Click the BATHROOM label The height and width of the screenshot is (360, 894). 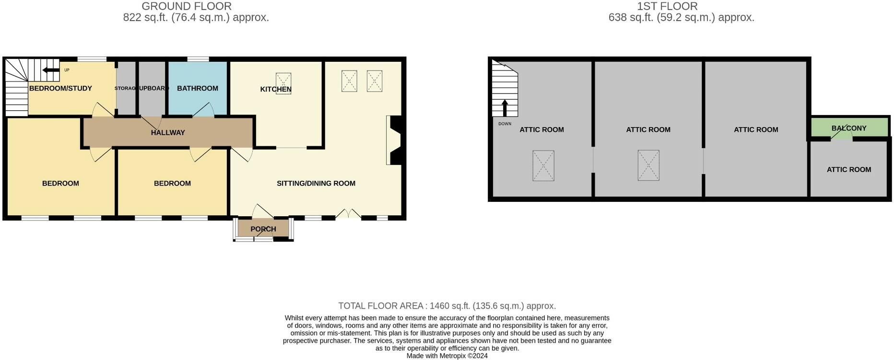point(197,88)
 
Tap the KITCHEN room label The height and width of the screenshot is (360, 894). point(275,89)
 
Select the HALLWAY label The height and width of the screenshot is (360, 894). point(168,133)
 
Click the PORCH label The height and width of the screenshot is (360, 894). point(263,229)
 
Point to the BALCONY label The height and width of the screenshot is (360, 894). point(849,128)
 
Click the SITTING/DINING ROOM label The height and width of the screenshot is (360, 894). point(316,183)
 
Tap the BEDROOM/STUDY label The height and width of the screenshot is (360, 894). point(60,88)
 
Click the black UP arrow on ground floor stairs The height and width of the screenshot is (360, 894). point(50,70)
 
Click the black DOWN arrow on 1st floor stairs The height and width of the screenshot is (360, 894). point(505,108)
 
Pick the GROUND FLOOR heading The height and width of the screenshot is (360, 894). point(187,6)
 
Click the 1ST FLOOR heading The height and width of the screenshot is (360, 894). point(667,6)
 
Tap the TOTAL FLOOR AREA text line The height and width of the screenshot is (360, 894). point(447,306)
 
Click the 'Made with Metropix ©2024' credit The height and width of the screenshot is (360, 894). point(447,356)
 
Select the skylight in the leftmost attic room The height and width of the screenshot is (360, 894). point(543,166)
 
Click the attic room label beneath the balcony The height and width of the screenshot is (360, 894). point(848,169)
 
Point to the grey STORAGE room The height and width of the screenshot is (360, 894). point(126,89)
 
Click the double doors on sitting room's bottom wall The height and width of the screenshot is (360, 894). point(348,214)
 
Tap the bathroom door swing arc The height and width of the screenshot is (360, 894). point(203,109)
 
